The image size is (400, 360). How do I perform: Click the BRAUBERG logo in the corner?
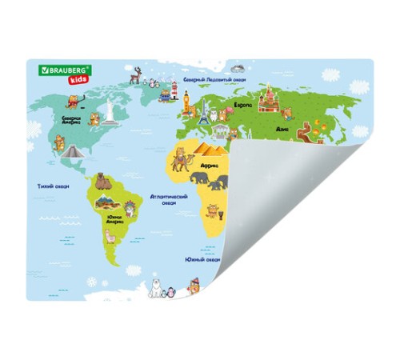click(65, 70)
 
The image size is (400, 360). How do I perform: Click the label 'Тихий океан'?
click(53, 186)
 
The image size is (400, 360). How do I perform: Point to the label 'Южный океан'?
click(202, 259)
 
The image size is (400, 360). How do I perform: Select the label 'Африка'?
click(209, 167)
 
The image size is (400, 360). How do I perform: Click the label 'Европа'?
click(242, 106)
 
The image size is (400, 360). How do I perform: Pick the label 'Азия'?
click(281, 128)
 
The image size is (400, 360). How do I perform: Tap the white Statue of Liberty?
click(110, 112)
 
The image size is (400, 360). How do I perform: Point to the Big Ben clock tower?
click(186, 102)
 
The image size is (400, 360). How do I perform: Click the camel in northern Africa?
click(180, 164)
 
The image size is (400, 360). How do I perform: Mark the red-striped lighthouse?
click(173, 90)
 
